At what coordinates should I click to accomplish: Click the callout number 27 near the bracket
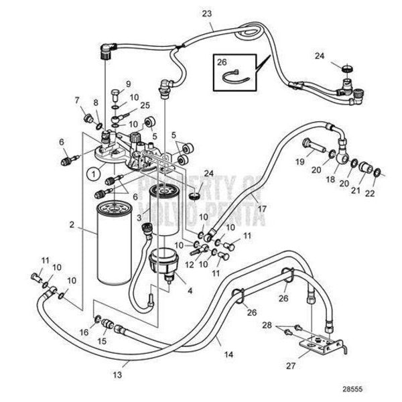click(291, 365)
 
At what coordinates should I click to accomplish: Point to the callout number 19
click(299, 161)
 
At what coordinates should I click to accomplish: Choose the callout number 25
click(145, 105)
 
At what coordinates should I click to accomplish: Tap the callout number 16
click(85, 332)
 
